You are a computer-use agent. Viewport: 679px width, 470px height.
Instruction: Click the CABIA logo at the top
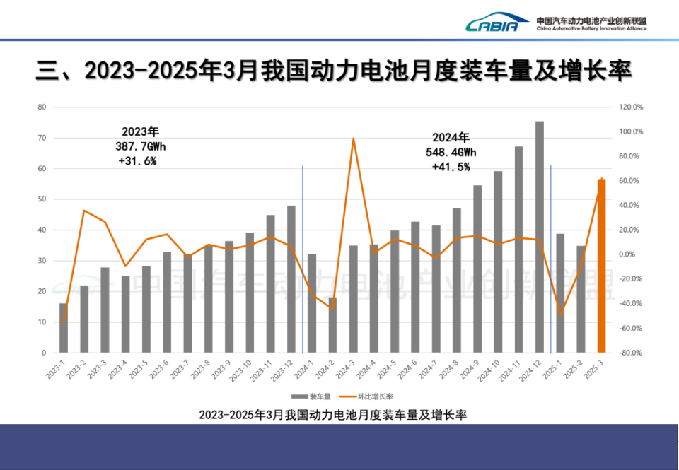pyautogui.click(x=497, y=25)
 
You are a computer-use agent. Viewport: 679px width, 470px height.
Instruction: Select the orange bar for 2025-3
pyautogui.click(x=601, y=266)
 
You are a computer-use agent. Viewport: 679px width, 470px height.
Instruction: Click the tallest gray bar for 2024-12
pyautogui.click(x=540, y=237)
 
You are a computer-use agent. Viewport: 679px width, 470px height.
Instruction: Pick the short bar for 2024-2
pyautogui.click(x=332, y=325)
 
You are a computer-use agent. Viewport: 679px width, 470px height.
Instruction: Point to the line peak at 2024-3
pyautogui.click(x=353, y=139)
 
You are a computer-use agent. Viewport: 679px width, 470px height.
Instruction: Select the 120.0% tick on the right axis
pyautogui.click(x=631, y=107)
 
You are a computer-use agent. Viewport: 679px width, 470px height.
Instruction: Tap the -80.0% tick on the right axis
pyautogui.click(x=631, y=353)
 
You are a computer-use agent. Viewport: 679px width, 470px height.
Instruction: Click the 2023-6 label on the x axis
pyautogui.click(x=161, y=370)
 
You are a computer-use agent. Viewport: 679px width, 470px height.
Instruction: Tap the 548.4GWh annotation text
pyautogui.click(x=453, y=152)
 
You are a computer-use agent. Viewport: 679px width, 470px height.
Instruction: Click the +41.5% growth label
pyautogui.click(x=451, y=167)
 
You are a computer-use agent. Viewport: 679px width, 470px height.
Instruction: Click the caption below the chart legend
pyautogui.click(x=332, y=414)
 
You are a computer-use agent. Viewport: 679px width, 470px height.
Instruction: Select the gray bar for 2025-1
pyautogui.click(x=560, y=293)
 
